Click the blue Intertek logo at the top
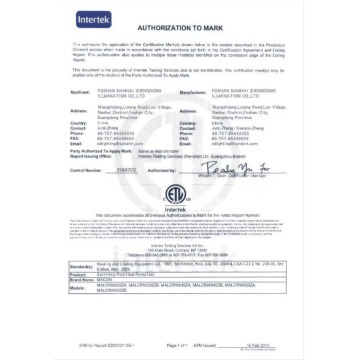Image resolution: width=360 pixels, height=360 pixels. click(85, 20)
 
